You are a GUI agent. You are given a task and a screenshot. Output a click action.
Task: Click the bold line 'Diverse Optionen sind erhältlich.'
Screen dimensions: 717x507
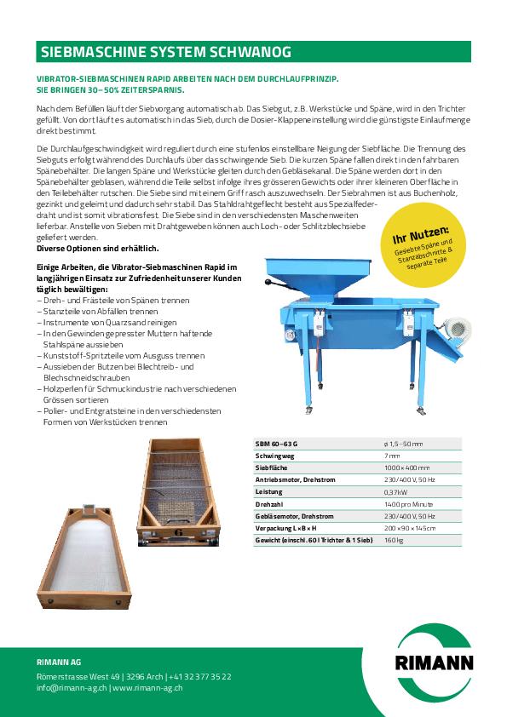[x=98, y=248]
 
